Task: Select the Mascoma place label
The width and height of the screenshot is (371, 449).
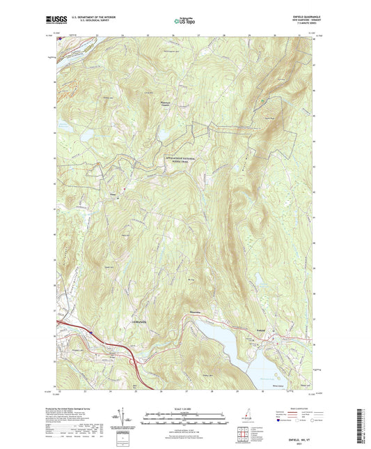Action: pyautogui.click(x=197, y=313)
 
